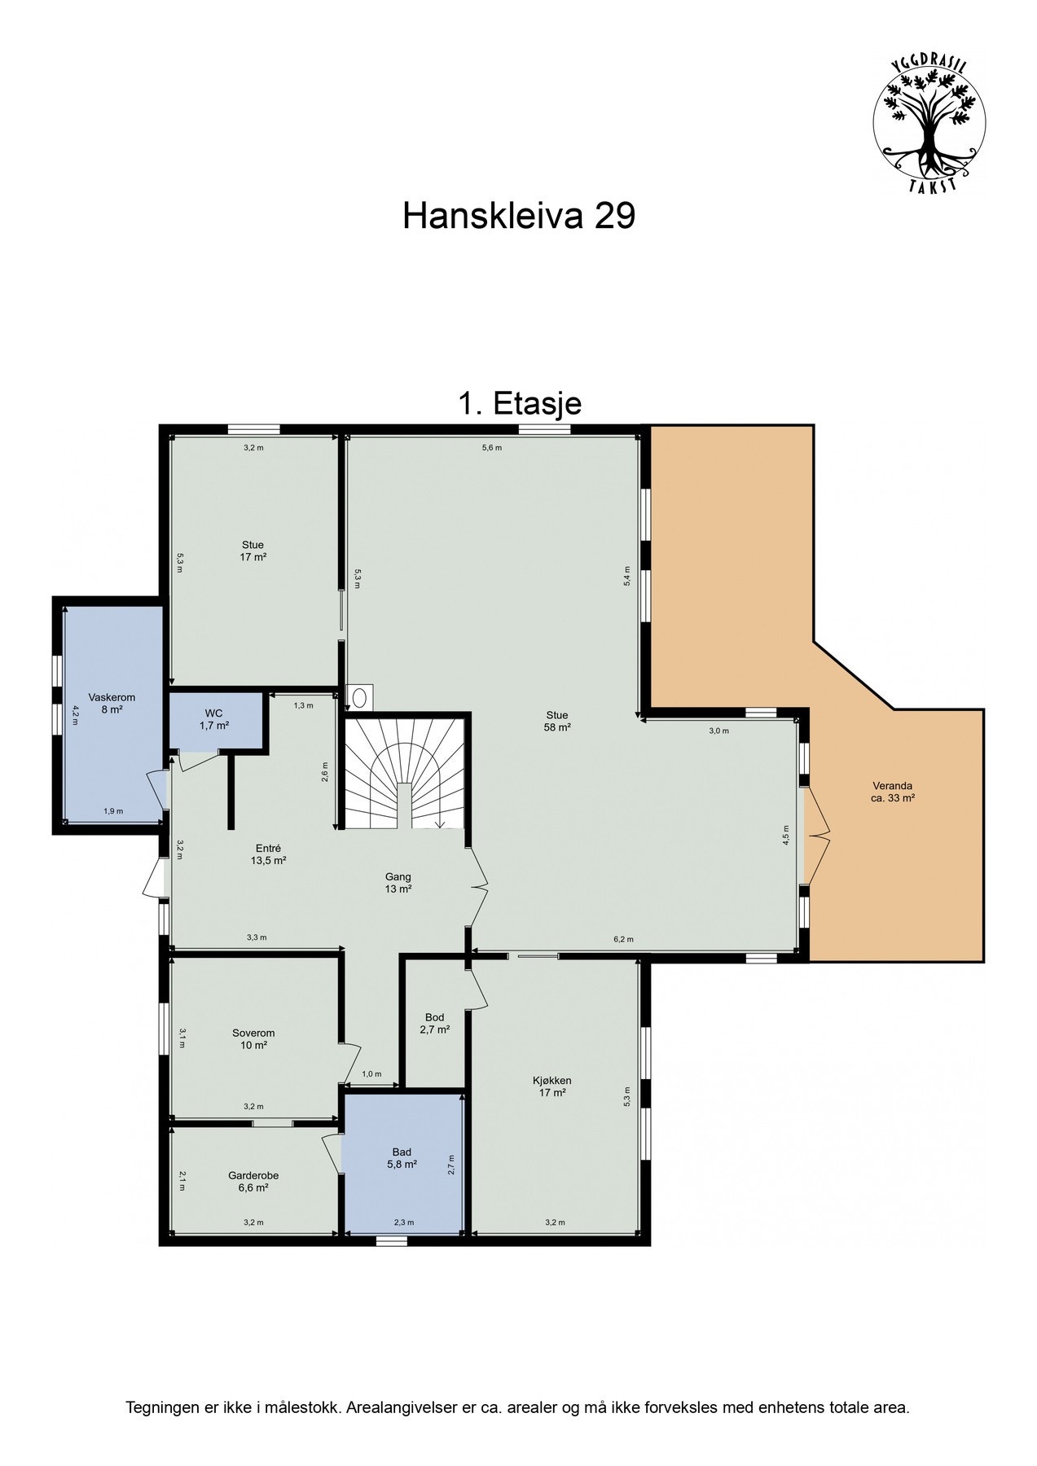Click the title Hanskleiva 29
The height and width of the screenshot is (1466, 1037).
tap(518, 217)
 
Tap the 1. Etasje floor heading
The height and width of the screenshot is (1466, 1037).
tap(520, 403)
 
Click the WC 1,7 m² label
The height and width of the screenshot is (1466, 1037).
tap(214, 718)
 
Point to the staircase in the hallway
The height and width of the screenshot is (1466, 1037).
tap(404, 770)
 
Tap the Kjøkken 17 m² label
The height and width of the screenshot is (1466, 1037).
tap(551, 1086)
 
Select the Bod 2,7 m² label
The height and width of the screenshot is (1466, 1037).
tap(434, 1023)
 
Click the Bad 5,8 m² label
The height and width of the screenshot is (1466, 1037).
tap(402, 1158)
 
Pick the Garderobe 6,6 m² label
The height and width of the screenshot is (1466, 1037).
tap(253, 1182)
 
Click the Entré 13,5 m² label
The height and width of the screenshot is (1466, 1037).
tap(268, 854)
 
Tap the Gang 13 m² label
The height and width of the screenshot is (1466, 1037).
tap(398, 883)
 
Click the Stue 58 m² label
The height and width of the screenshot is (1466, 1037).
tap(556, 722)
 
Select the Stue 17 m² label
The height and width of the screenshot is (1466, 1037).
tap(253, 551)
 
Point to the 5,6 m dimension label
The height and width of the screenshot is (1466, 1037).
tap(492, 447)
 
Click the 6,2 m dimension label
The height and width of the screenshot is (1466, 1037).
tap(623, 939)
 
